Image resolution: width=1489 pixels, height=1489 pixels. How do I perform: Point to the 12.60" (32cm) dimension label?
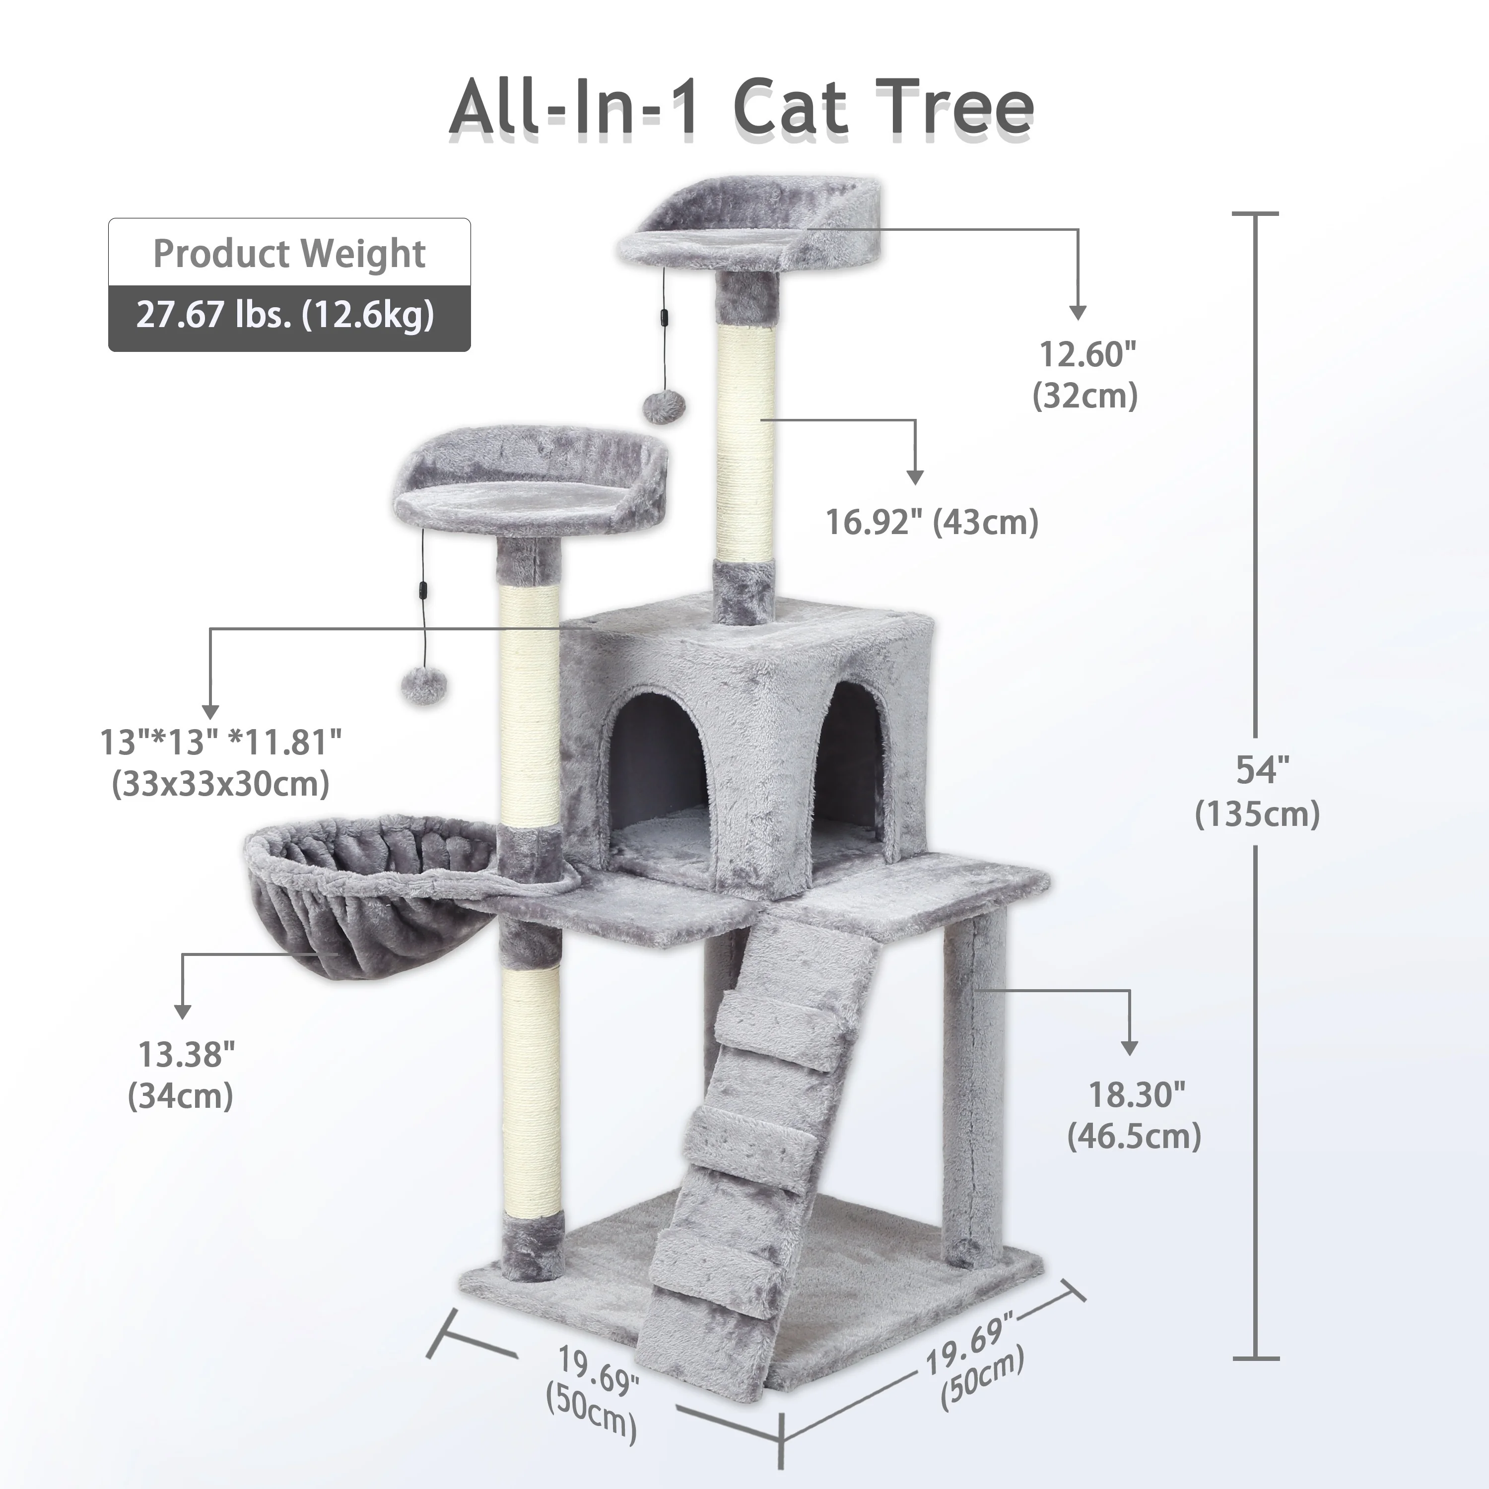pyautogui.click(x=1086, y=375)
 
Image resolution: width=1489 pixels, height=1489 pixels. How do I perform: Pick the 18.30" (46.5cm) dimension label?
pyautogui.click(x=1135, y=1115)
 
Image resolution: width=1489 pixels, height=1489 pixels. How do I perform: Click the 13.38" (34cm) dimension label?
pyautogui.click(x=182, y=1075)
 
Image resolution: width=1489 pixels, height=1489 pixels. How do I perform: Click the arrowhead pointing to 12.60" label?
pyautogui.click(x=1078, y=312)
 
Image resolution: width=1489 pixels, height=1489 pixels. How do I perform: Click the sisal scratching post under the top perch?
pyautogui.click(x=745, y=439)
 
